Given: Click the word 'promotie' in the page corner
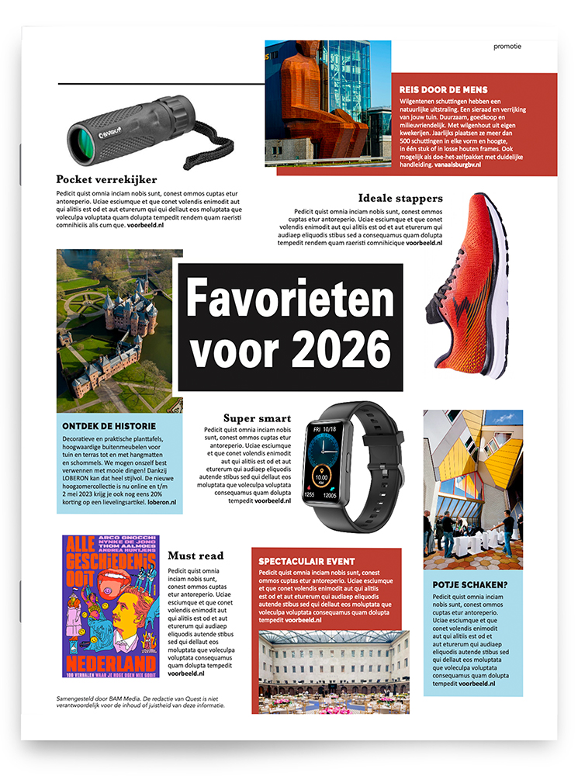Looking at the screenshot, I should tap(507, 46).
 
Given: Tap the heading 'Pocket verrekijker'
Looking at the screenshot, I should tap(106, 179).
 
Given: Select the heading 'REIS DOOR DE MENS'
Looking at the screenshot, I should tap(438, 89).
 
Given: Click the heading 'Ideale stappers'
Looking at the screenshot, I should tap(400, 198).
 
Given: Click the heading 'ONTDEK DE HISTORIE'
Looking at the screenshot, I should tap(109, 426).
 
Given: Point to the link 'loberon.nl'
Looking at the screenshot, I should tap(161, 502).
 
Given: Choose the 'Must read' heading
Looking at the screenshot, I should tap(196, 556).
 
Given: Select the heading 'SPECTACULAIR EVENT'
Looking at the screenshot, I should tap(306, 561).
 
